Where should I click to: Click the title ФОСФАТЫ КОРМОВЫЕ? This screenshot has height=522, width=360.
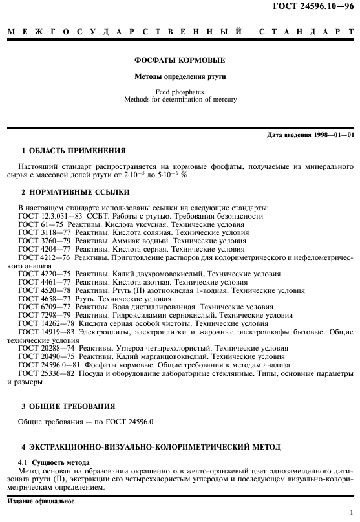tap(179, 61)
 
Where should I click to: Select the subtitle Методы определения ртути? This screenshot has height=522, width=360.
tap(179, 78)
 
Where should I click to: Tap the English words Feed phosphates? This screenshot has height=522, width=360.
tap(179, 92)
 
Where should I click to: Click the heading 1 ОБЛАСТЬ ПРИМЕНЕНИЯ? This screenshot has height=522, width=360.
tap(74, 151)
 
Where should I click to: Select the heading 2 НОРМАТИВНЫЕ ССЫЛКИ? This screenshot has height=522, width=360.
tap(75, 192)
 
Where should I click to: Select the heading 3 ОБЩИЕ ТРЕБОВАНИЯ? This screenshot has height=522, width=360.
tap(68, 406)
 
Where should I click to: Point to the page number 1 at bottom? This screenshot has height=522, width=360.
tap(350, 512)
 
